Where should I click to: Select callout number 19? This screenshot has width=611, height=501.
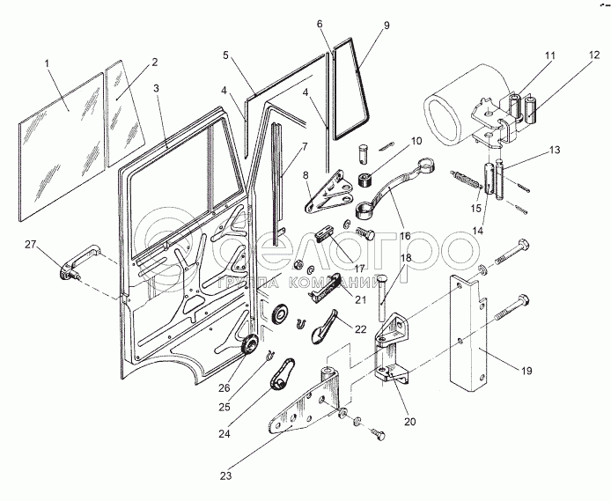click(526, 371)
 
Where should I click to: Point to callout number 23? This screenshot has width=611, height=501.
click(226, 476)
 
